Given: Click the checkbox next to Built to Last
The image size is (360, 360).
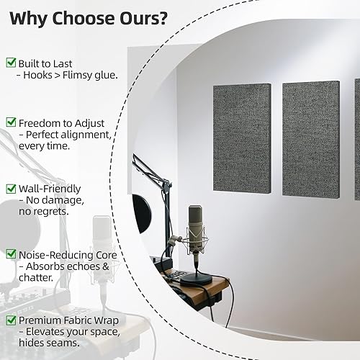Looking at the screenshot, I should (x=11, y=63).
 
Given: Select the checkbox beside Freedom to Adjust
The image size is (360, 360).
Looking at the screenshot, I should (x=11, y=122).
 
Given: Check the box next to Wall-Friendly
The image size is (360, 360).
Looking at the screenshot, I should (x=11, y=188).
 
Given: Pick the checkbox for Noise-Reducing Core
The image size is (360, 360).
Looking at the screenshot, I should (x=11, y=253).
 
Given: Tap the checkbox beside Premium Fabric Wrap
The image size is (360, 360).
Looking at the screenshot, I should (x=11, y=319).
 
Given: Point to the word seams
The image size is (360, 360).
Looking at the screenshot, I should (x=63, y=343).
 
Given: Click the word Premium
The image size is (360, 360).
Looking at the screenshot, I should (x=41, y=319).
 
